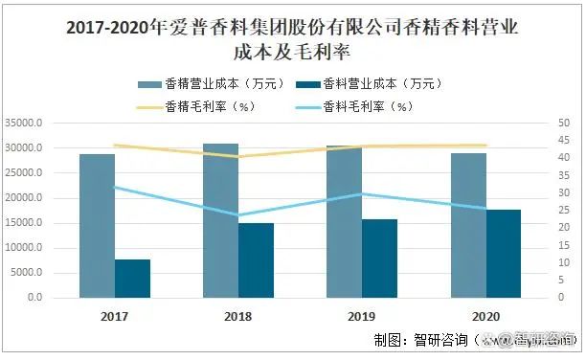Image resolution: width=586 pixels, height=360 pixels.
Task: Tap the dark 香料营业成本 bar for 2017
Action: tap(132, 278)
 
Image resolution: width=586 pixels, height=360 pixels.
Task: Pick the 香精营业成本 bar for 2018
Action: tap(220, 220)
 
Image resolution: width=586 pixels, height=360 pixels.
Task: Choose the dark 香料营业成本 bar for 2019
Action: tap(379, 258)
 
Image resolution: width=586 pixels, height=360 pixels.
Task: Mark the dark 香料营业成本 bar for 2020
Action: tap(503, 253)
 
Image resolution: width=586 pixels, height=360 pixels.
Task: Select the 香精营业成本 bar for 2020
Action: tap(467, 225)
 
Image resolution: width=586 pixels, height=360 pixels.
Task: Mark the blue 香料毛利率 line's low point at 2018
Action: tap(237, 215)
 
